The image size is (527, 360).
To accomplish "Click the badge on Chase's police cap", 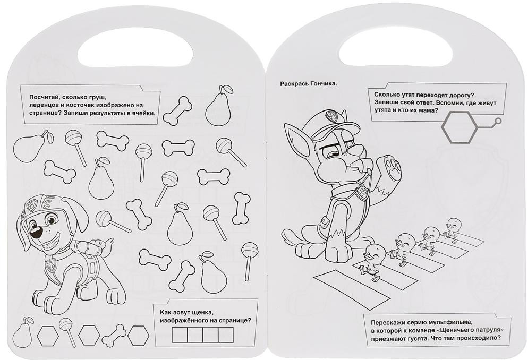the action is [x=330, y=116].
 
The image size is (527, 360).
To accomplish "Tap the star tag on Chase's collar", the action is [x=362, y=194].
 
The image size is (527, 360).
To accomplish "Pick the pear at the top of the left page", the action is [x=218, y=106].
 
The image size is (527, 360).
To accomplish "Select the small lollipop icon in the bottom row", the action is [x=67, y=331].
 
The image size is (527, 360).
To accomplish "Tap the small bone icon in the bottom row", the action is [x=114, y=336].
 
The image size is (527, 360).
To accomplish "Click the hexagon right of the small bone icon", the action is [x=138, y=335].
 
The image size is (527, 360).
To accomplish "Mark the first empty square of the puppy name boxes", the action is [x=180, y=335].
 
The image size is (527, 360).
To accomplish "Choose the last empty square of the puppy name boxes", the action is [x=226, y=335].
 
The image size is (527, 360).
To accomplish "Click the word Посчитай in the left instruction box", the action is [x=40, y=97].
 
